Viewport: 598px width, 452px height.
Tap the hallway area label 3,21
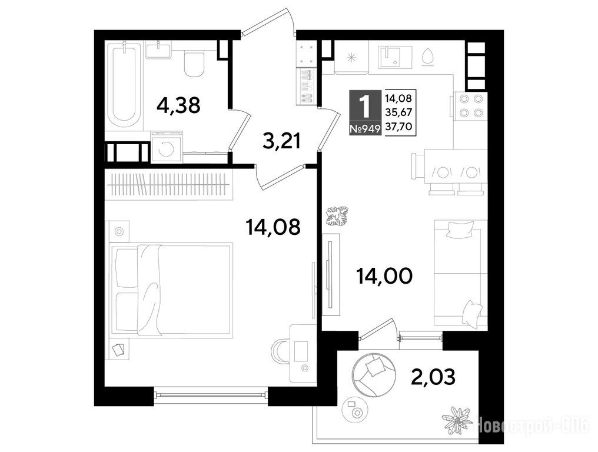[282, 141]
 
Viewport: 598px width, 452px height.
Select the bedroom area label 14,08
[273, 227]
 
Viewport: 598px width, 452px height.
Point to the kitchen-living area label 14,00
[384, 275]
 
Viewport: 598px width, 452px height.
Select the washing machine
[167, 147]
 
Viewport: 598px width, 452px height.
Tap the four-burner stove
[471, 106]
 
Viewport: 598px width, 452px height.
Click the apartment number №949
[365, 128]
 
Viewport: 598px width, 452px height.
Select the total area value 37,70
[398, 127]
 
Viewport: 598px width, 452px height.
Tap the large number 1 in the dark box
[365, 106]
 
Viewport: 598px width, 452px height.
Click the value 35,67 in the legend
[398, 112]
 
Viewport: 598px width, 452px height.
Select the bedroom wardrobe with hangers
[168, 186]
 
